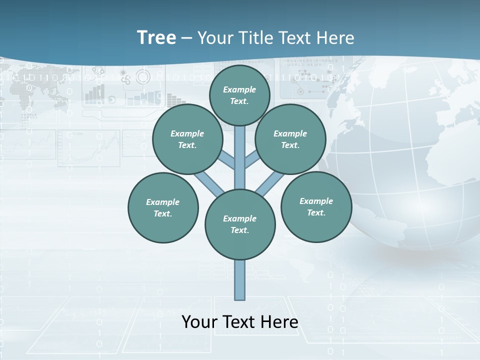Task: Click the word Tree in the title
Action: click(x=156, y=37)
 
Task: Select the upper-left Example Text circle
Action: click(x=187, y=139)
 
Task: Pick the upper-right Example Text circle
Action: click(x=290, y=139)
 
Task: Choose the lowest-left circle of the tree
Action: click(x=163, y=207)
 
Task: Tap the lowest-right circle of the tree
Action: click(x=316, y=206)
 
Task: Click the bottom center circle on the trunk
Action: click(x=240, y=224)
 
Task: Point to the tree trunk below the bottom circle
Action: click(x=240, y=280)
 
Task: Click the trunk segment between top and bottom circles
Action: click(x=240, y=157)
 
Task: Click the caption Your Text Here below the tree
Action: click(x=240, y=321)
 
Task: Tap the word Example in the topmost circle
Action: click(x=239, y=89)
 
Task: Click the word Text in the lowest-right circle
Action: click(x=316, y=212)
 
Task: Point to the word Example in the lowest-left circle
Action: click(x=163, y=202)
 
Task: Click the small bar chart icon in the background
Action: click(x=95, y=92)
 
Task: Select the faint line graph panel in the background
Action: click(x=89, y=148)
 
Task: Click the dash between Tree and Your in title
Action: click(x=186, y=38)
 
